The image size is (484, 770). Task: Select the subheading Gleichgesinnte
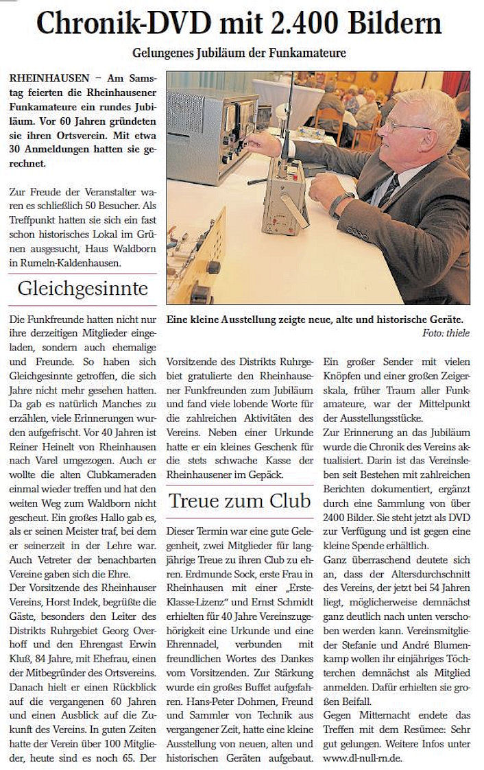click(83, 288)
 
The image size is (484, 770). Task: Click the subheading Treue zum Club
click(239, 501)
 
